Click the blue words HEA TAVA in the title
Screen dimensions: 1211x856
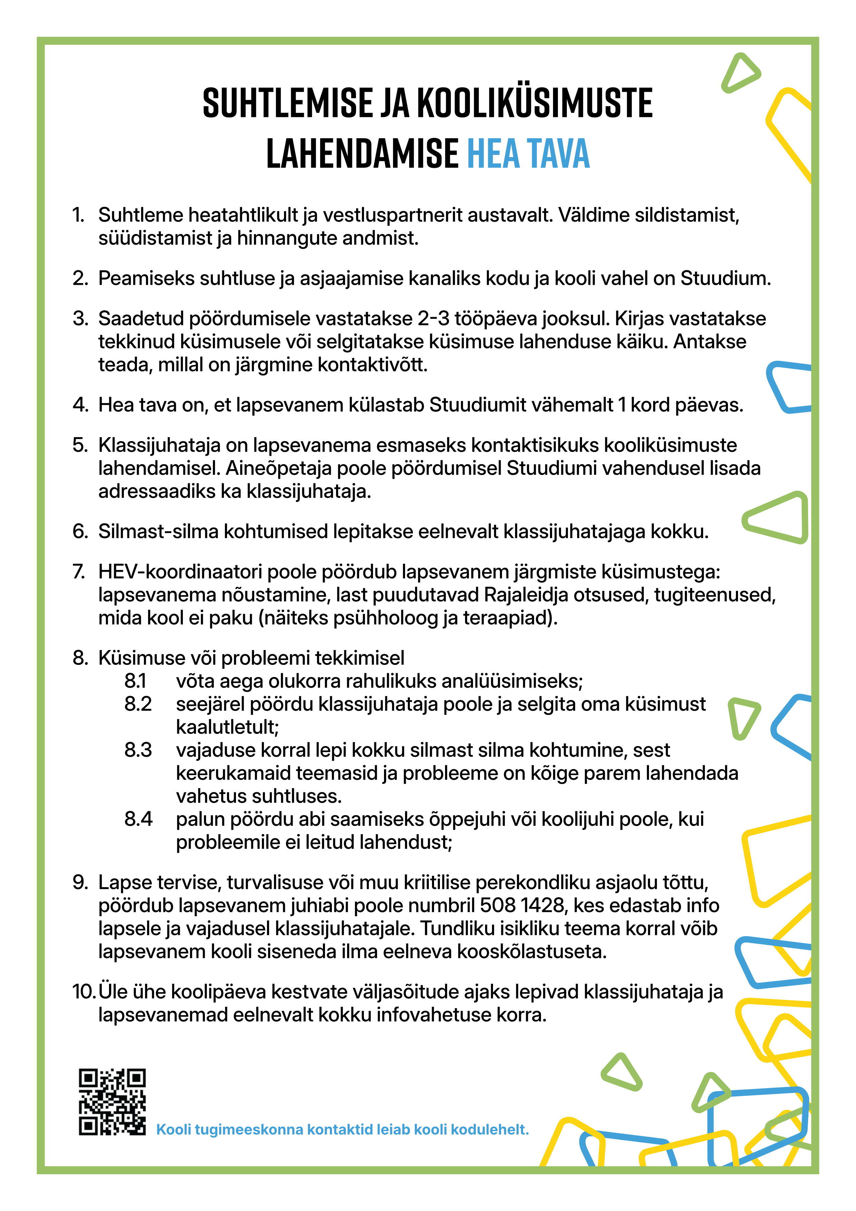click(x=528, y=154)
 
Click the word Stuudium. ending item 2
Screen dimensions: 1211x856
click(x=725, y=278)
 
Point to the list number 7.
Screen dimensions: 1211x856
click(x=79, y=572)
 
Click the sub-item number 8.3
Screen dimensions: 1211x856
click(x=138, y=750)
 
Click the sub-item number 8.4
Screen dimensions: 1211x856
click(x=138, y=819)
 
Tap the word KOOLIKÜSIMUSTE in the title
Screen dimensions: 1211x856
click(x=535, y=103)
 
